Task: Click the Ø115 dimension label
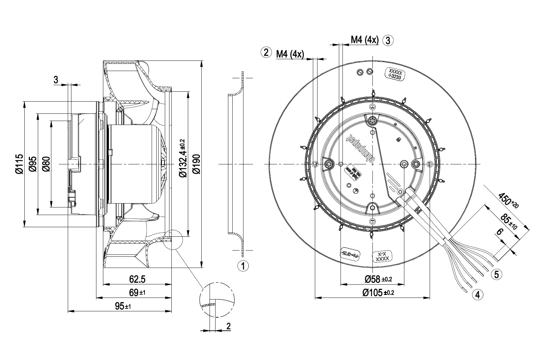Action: tap(19, 164)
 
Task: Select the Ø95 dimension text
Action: tap(33, 164)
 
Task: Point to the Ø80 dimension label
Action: tap(46, 164)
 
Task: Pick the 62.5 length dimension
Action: tap(137, 279)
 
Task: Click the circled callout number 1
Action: tap(243, 266)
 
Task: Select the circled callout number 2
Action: tap(266, 52)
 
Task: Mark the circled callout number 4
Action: tap(478, 294)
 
